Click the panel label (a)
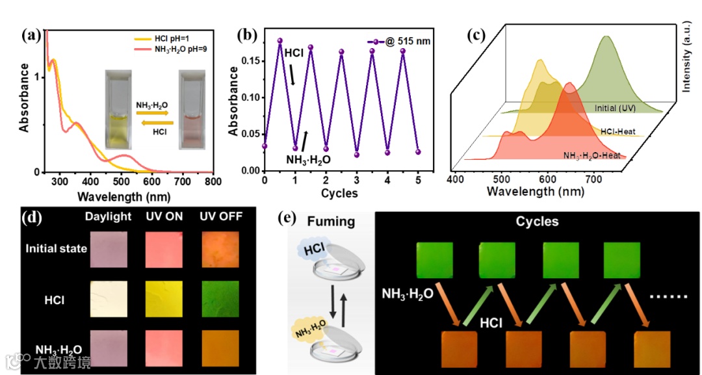(32, 36)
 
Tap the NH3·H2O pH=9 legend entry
(179, 49)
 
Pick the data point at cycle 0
(265, 146)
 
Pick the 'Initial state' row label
(57, 248)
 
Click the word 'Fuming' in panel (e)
(332, 222)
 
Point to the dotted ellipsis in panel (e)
(669, 298)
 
